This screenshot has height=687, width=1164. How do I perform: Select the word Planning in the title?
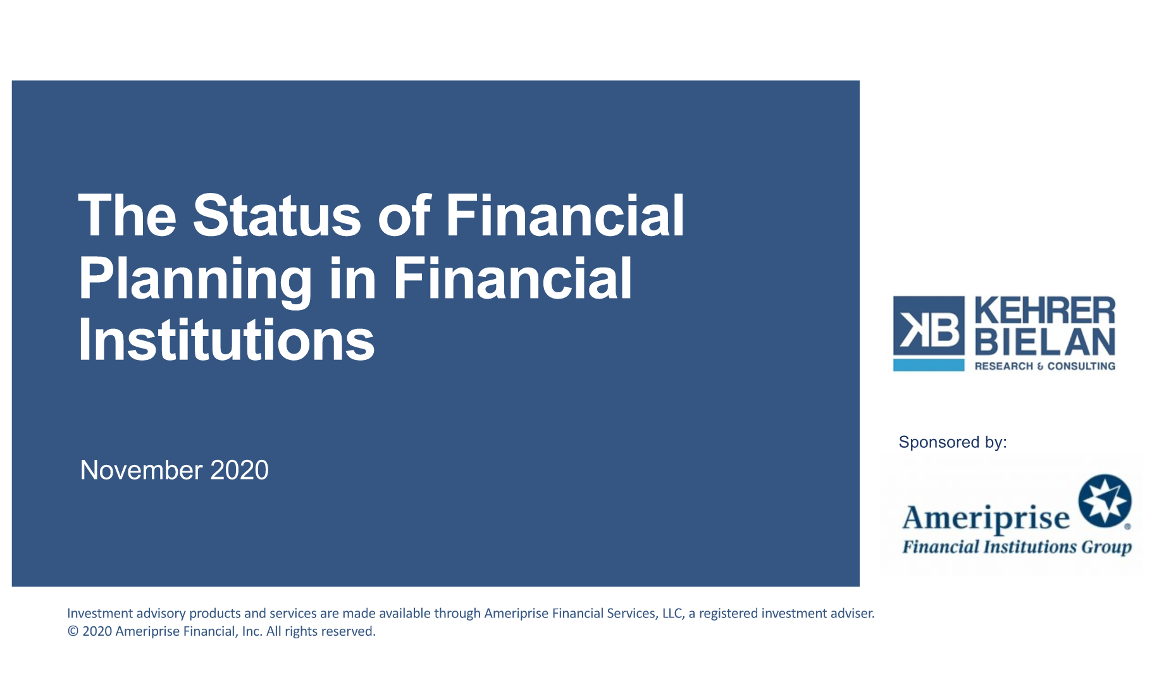click(195, 280)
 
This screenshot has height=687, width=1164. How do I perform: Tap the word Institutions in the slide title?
click(226, 340)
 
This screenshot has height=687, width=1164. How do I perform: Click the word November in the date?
click(142, 470)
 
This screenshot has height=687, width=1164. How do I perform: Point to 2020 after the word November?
click(239, 470)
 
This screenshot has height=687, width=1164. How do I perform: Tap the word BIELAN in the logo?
click(1045, 342)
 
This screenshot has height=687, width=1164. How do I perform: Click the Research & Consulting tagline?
click(1045, 366)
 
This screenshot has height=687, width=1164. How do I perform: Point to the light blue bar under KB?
click(929, 365)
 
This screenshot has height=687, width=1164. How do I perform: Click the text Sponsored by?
click(953, 442)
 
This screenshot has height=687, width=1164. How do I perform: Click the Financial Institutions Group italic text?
click(1017, 547)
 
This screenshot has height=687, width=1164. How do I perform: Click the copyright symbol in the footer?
click(73, 631)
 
